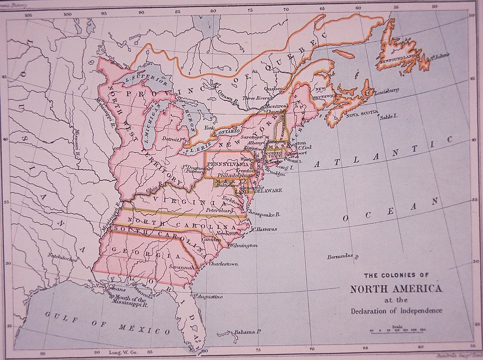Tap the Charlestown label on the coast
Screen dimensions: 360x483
tap(223, 264)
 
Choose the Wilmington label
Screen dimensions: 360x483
tap(243, 245)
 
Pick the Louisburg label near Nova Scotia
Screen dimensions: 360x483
tap(385, 90)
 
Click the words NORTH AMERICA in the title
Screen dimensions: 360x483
tap(396, 289)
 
